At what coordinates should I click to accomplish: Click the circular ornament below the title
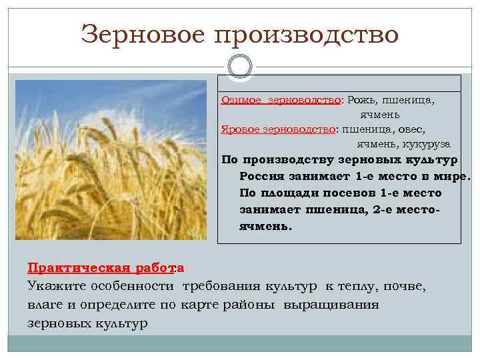click(240, 67)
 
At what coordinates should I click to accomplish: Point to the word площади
click(284, 193)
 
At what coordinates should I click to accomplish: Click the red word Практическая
click(67, 268)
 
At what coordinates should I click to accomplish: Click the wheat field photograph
click(111, 160)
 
